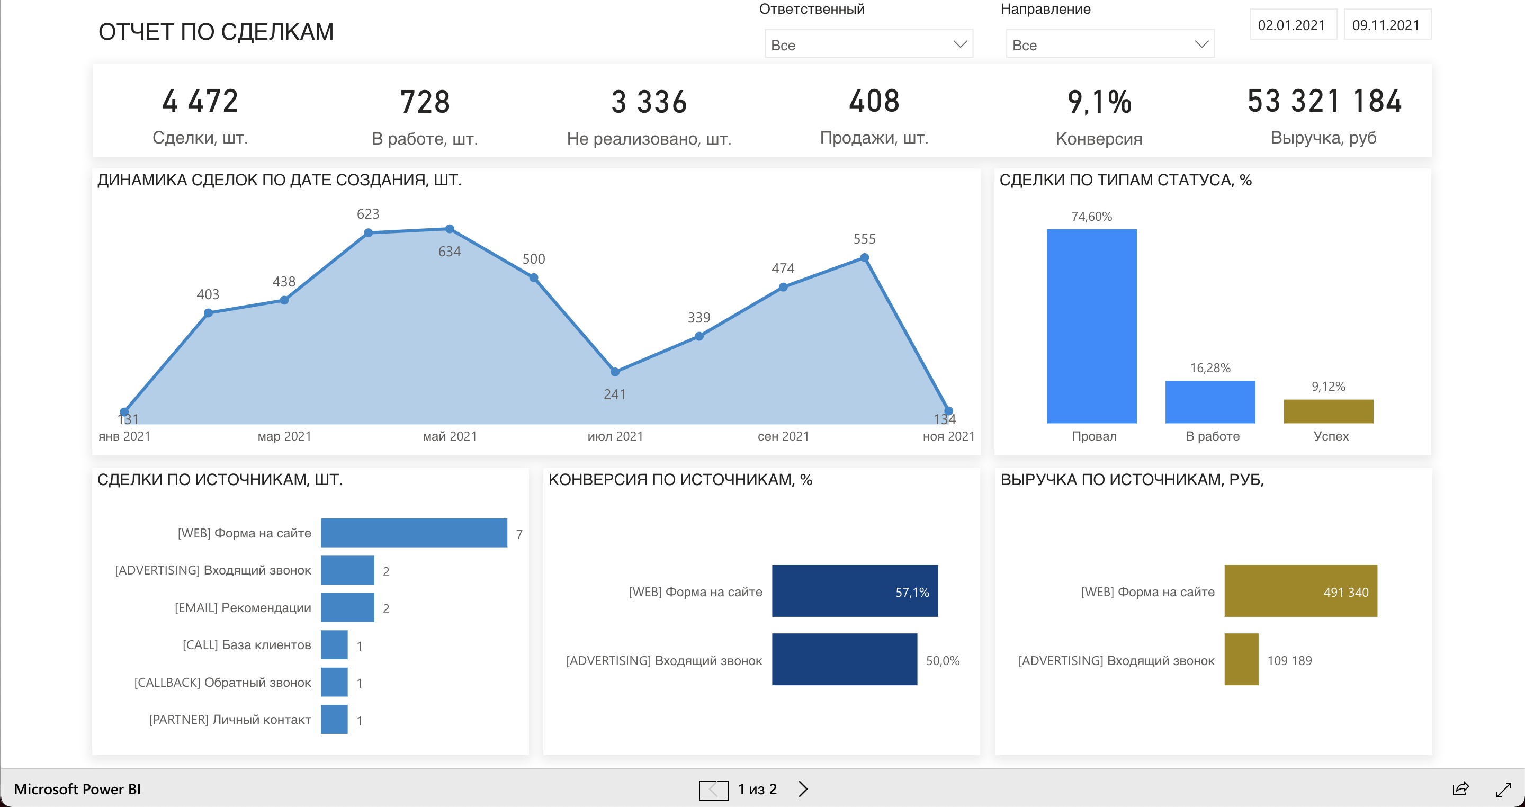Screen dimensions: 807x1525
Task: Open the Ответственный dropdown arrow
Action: [x=959, y=44]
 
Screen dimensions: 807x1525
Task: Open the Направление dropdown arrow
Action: [x=1201, y=44]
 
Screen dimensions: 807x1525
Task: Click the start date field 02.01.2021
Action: [x=1292, y=25]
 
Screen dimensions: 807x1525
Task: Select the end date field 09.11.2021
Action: [x=1386, y=25]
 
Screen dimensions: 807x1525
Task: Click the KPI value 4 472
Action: [x=200, y=101]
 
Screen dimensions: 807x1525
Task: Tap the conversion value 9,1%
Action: [x=1099, y=102]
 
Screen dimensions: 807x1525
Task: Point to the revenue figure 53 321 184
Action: [x=1324, y=101]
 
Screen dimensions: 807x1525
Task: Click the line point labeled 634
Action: [x=450, y=229]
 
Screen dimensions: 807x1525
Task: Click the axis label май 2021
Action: [x=450, y=436]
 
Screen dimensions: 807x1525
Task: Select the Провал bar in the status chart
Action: [x=1092, y=326]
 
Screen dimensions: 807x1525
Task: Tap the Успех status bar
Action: [x=1328, y=411]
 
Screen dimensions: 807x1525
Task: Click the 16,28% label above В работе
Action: [x=1210, y=368]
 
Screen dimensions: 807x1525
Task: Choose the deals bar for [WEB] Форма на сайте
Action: [x=414, y=533]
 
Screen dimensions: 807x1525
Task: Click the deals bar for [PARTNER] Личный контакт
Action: [x=335, y=720]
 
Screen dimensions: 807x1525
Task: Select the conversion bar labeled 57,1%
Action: [x=854, y=591]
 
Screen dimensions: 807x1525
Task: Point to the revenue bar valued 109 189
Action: [x=1241, y=660]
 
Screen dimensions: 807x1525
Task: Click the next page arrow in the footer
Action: [x=803, y=788]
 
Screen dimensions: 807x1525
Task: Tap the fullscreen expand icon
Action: [x=1504, y=789]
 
